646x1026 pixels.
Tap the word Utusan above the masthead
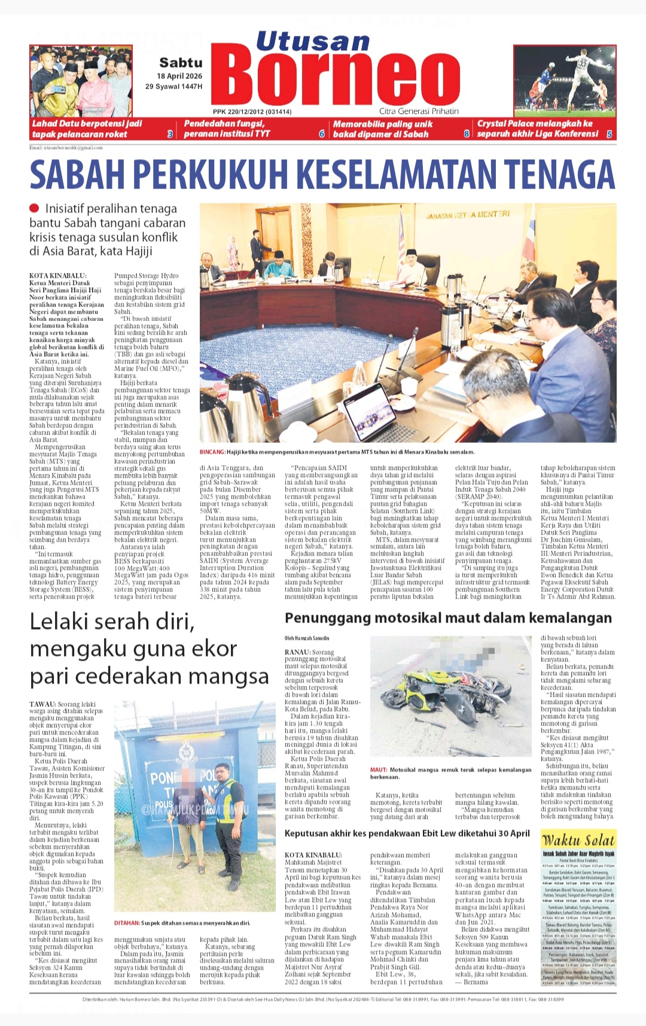coord(313,41)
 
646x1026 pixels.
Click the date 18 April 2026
coord(179,76)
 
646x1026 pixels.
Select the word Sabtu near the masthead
coord(181,62)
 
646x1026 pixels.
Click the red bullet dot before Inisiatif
coord(35,208)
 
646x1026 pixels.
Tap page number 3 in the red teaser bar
coord(170,135)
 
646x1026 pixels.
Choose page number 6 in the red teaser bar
coord(322,135)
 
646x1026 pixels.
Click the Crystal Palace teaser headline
coord(537,129)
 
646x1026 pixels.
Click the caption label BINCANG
coord(212,452)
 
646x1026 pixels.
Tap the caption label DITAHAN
coord(127,923)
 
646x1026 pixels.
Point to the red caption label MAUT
coord(378,770)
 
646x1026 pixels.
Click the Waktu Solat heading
coord(578,839)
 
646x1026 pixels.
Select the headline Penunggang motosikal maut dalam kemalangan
coord(448,618)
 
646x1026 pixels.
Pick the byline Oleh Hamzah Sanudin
coord(306,638)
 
